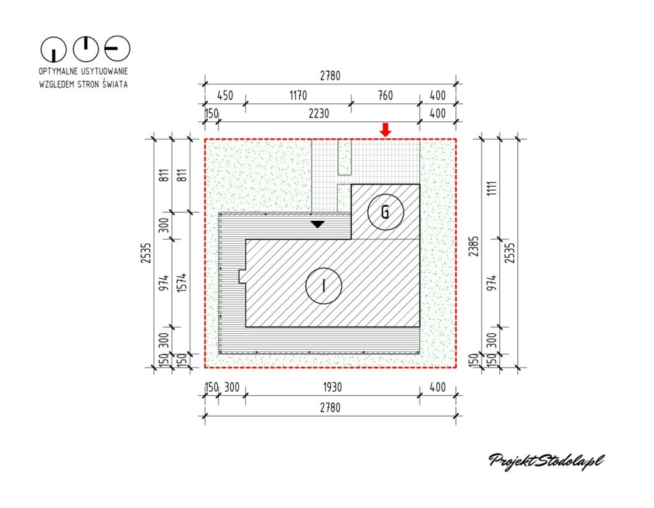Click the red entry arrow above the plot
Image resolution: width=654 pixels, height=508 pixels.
[386, 130]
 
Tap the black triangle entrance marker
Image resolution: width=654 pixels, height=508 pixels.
[317, 224]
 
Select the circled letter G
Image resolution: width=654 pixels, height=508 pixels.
[386, 212]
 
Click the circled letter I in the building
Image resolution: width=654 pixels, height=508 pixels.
[324, 286]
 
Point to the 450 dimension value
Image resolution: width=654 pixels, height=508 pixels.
[225, 96]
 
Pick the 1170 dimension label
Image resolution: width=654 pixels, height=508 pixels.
[298, 96]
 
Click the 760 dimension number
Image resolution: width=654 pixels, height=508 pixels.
[385, 96]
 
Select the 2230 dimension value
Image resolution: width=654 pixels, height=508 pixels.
[319, 114]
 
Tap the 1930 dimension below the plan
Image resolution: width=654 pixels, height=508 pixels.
[332, 387]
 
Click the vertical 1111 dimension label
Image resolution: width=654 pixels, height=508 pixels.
[492, 189]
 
